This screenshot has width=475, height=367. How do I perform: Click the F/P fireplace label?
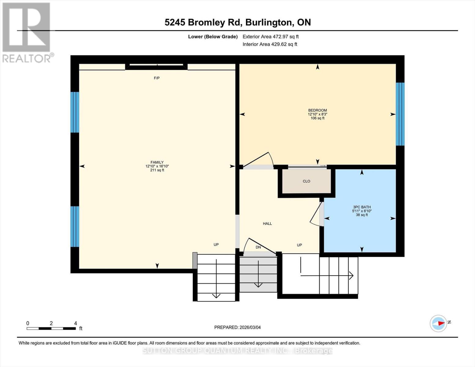[157, 78]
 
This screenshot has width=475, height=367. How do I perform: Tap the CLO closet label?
[306, 181]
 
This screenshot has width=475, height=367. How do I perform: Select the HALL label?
[267, 224]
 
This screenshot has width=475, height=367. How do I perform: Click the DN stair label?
[258, 247]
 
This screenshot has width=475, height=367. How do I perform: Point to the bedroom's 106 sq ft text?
[317, 118]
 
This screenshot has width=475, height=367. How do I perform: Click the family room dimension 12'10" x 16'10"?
[157, 166]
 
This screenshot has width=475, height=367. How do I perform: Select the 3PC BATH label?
[362, 207]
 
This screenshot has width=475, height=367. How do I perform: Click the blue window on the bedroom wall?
[400, 114]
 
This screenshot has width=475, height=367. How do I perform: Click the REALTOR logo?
[27, 32]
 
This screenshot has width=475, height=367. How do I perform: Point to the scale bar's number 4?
[76, 323]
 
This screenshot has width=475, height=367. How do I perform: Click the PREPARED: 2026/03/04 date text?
[237, 327]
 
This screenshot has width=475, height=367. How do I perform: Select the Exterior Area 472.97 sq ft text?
[270, 37]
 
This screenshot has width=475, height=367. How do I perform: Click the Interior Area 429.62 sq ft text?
[270, 44]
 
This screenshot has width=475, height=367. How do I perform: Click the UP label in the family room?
[216, 245]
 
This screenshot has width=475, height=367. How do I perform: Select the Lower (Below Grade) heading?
[213, 37]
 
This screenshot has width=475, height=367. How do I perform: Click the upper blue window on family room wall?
[75, 112]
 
